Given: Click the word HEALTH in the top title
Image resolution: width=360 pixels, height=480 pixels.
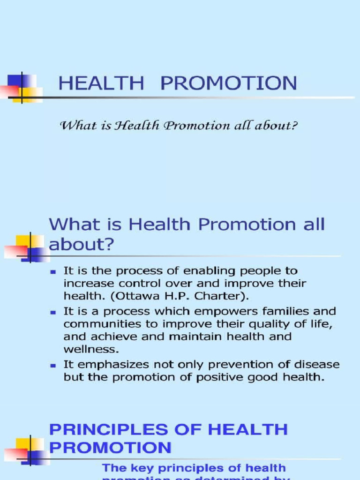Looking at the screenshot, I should coord(101,83).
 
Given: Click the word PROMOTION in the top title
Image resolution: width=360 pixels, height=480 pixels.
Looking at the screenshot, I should coord(229,83).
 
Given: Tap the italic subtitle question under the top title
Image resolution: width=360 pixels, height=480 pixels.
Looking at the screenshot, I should coord(179,126).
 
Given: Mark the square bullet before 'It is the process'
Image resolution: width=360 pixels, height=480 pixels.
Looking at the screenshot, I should coord(54,271).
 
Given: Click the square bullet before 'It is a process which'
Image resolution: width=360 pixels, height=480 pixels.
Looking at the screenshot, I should coord(54,311).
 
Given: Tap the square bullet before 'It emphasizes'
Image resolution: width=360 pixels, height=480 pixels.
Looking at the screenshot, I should coord(54,365).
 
